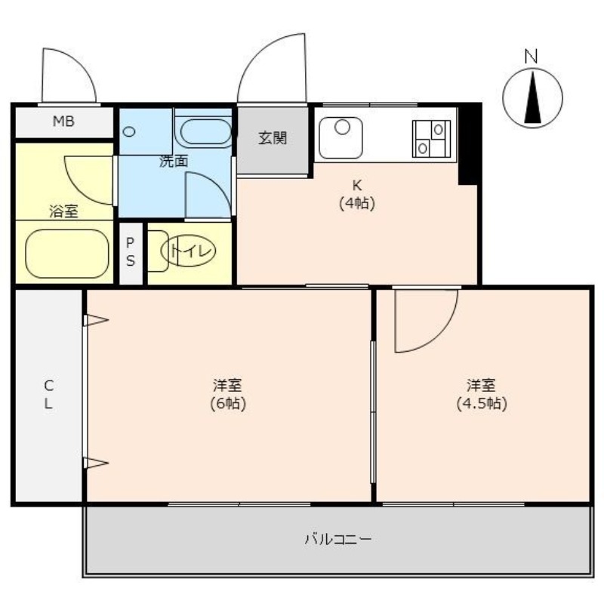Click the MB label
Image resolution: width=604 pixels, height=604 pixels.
63,121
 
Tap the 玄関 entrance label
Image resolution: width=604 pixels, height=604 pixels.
273,138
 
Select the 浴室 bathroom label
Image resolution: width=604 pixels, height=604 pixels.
63,212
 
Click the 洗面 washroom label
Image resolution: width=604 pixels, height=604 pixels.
173,160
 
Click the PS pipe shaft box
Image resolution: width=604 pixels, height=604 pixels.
131,252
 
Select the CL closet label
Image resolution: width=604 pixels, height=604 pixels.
48,393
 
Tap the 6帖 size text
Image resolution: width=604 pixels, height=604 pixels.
227,403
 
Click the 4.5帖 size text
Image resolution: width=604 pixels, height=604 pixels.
481,403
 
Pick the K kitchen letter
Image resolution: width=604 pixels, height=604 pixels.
358,186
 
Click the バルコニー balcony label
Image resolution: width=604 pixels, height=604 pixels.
337,540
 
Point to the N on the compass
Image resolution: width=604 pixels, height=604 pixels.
532,55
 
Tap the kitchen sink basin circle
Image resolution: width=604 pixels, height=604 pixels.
343,127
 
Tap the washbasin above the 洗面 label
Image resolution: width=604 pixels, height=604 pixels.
204,131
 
